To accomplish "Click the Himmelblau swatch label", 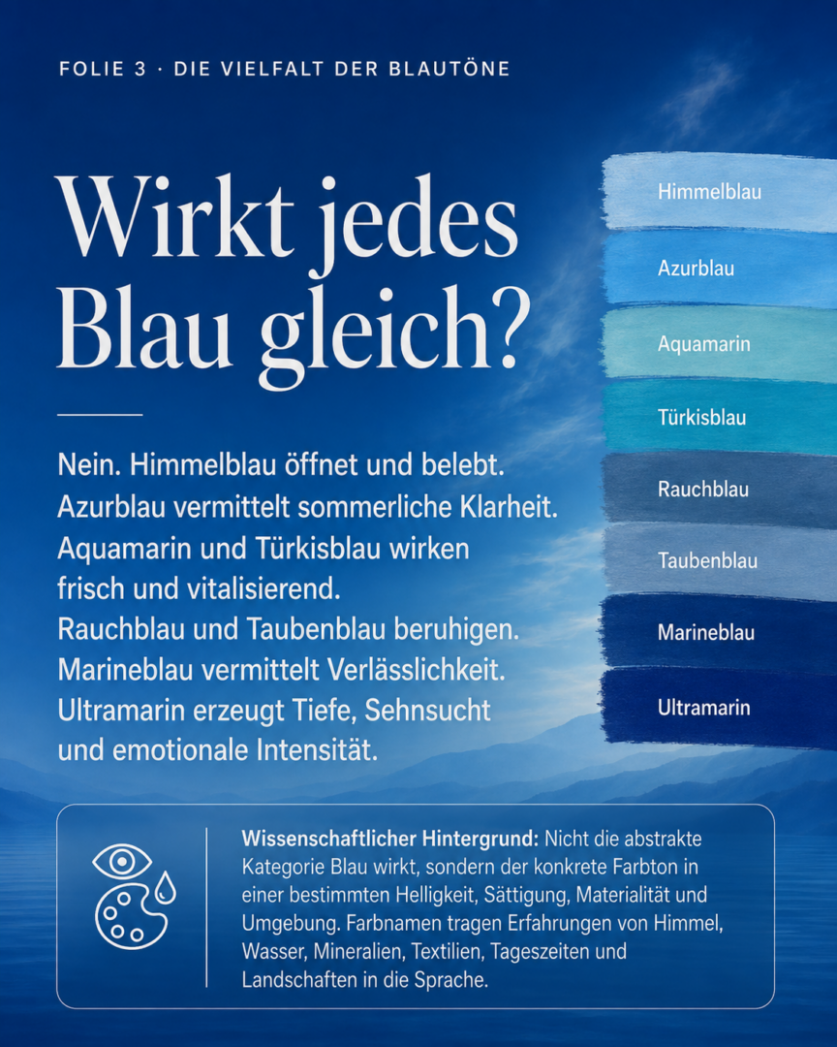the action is tap(709, 192).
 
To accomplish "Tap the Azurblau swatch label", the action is tap(697, 268).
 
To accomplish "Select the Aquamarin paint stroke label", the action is tap(704, 344).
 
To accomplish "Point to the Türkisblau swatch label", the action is tap(701, 417).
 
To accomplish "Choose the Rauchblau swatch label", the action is tap(703, 489).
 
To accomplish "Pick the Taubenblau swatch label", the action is tap(707, 560).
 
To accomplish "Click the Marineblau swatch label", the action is tap(706, 632).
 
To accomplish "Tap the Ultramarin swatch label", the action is tap(704, 707).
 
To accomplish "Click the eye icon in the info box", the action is tap(121, 862).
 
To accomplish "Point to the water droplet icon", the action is tap(165, 887).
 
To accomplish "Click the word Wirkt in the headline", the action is tap(175, 218).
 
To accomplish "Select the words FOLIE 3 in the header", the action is tap(103, 69).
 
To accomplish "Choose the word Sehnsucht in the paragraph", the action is tap(428, 710).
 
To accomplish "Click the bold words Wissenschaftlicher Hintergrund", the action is tap(389, 839).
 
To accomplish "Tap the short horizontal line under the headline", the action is tap(100, 415).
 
